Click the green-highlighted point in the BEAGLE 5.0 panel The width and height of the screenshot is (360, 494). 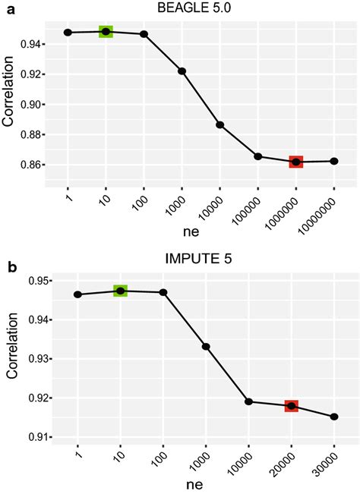pos(106,32)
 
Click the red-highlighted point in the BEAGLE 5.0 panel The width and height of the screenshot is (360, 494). pos(295,162)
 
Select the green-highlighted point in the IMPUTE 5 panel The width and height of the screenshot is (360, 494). pos(120,291)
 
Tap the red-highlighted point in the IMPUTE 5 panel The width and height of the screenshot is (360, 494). pos(291,406)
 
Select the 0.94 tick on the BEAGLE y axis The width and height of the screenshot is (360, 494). pos(32,44)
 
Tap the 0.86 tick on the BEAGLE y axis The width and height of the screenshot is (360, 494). pos(32,165)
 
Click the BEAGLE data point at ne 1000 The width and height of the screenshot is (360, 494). pos(182,71)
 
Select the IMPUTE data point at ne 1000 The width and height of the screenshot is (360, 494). pos(205,347)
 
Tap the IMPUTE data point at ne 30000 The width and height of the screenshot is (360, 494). pos(334,417)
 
